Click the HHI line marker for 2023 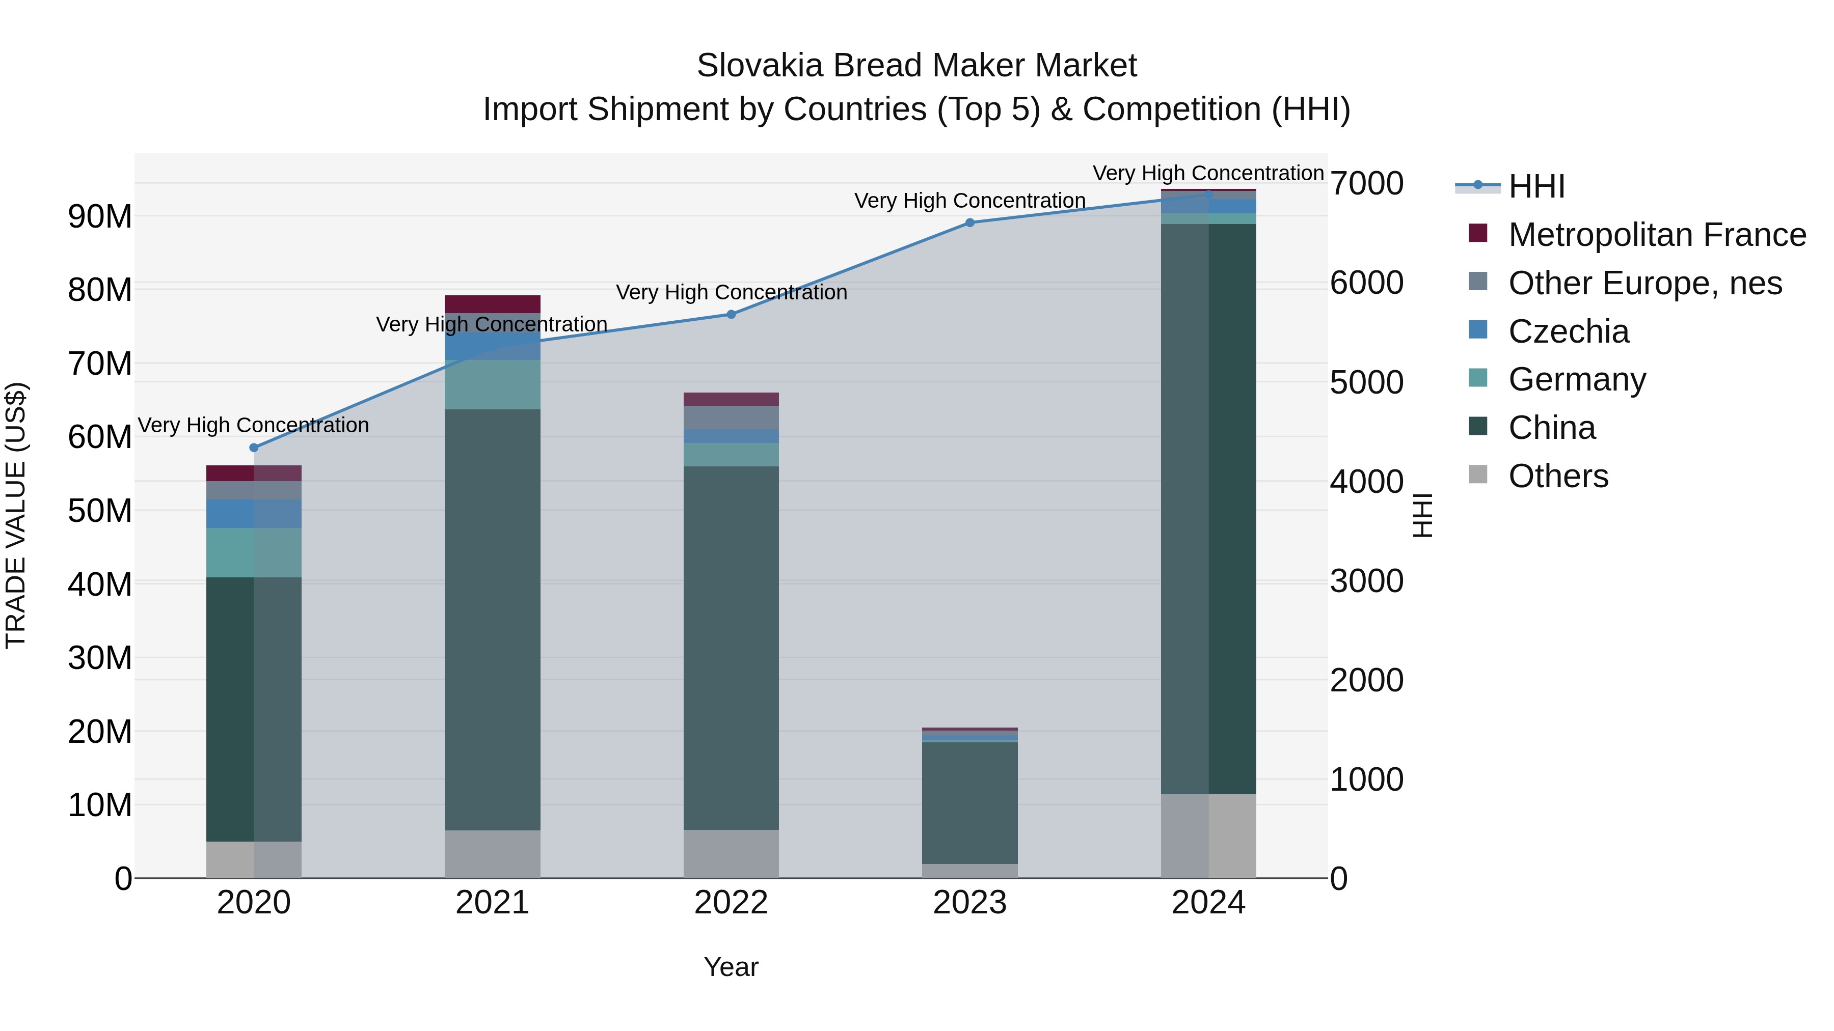[969, 222]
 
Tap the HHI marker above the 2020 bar [254, 448]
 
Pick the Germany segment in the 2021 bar [492, 384]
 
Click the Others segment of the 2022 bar [731, 853]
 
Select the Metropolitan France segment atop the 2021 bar [492, 304]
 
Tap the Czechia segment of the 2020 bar [254, 513]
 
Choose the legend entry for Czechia [1569, 331]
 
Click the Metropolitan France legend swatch [1478, 233]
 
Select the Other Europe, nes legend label [1644, 283]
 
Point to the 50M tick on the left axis [100, 511]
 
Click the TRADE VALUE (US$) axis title [16, 515]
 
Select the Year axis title [731, 967]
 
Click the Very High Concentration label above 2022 [731, 292]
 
